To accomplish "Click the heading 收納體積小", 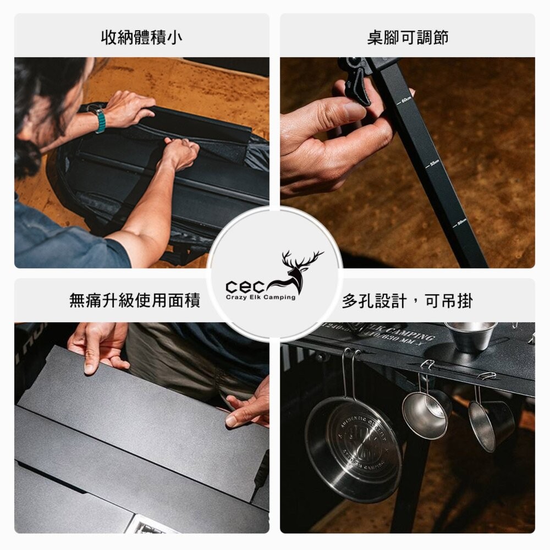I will (142, 37).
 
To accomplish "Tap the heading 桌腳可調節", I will (408, 37).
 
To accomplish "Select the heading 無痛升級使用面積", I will (135, 300).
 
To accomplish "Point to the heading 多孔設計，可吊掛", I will (407, 300).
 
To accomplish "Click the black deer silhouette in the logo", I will (298, 269).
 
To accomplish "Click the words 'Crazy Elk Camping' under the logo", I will (260, 298).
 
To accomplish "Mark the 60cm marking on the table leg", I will (405, 100).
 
